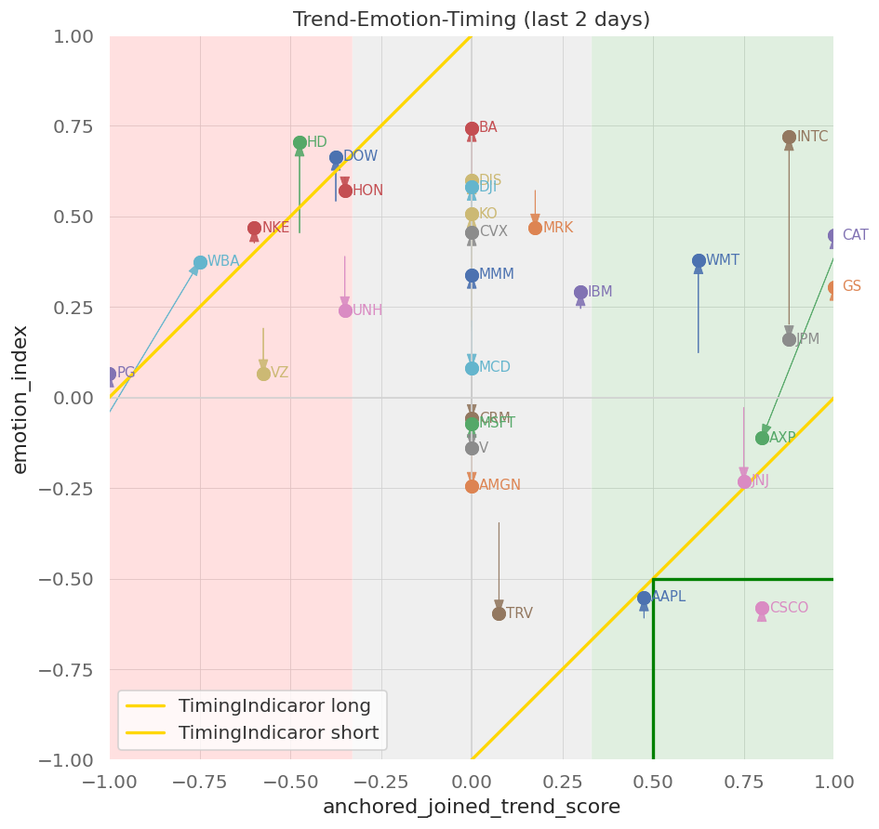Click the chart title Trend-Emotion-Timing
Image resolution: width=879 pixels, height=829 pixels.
(472, 20)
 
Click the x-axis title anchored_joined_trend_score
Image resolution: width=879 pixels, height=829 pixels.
(472, 808)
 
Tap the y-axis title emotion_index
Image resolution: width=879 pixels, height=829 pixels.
(20, 399)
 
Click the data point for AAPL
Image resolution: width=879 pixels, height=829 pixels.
(644, 599)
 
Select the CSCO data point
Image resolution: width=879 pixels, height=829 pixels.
(762, 609)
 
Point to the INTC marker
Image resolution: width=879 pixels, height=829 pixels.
(789, 138)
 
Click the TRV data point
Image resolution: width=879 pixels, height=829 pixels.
(499, 613)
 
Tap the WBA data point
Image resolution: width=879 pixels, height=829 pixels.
(200, 263)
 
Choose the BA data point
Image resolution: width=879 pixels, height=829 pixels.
(472, 129)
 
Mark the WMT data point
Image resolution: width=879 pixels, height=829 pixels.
(699, 261)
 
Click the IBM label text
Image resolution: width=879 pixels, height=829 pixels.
(600, 292)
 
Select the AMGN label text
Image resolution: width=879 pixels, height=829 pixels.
(499, 485)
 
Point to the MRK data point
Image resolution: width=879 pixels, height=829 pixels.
(535, 228)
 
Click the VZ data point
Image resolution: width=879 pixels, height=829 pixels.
(263, 374)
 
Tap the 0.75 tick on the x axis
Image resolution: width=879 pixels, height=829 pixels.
(743, 783)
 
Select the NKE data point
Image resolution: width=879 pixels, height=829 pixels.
(254, 229)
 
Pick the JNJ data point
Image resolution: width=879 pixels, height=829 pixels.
(744, 481)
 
